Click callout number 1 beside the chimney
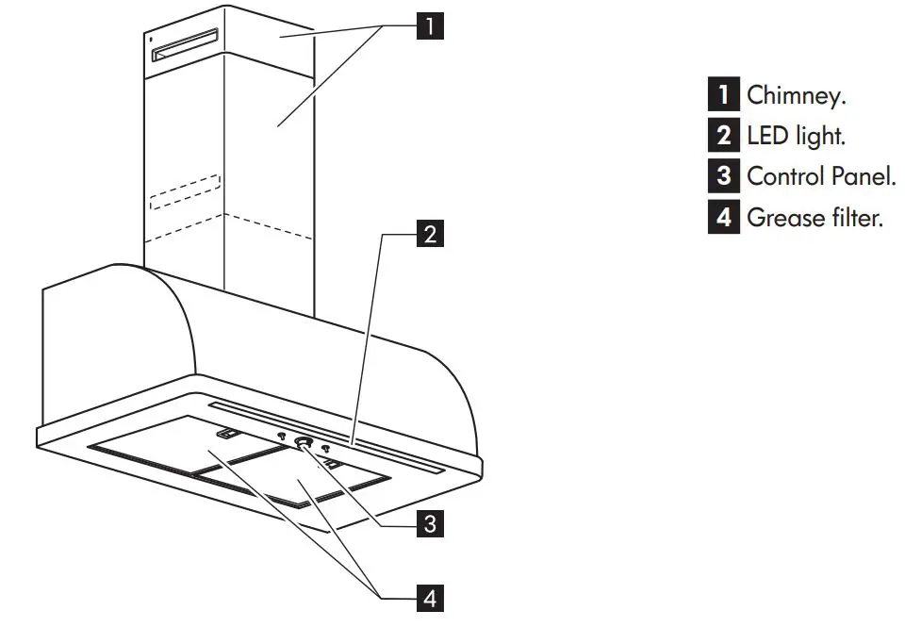(x=429, y=25)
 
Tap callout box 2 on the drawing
(x=429, y=234)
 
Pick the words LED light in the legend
(x=796, y=136)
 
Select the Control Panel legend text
(x=820, y=176)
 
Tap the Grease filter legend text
(x=814, y=218)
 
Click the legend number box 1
(x=723, y=94)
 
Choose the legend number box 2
(x=723, y=136)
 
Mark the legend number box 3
(x=723, y=176)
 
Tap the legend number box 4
(x=723, y=218)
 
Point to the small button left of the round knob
(x=281, y=437)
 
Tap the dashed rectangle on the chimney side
(x=184, y=190)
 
